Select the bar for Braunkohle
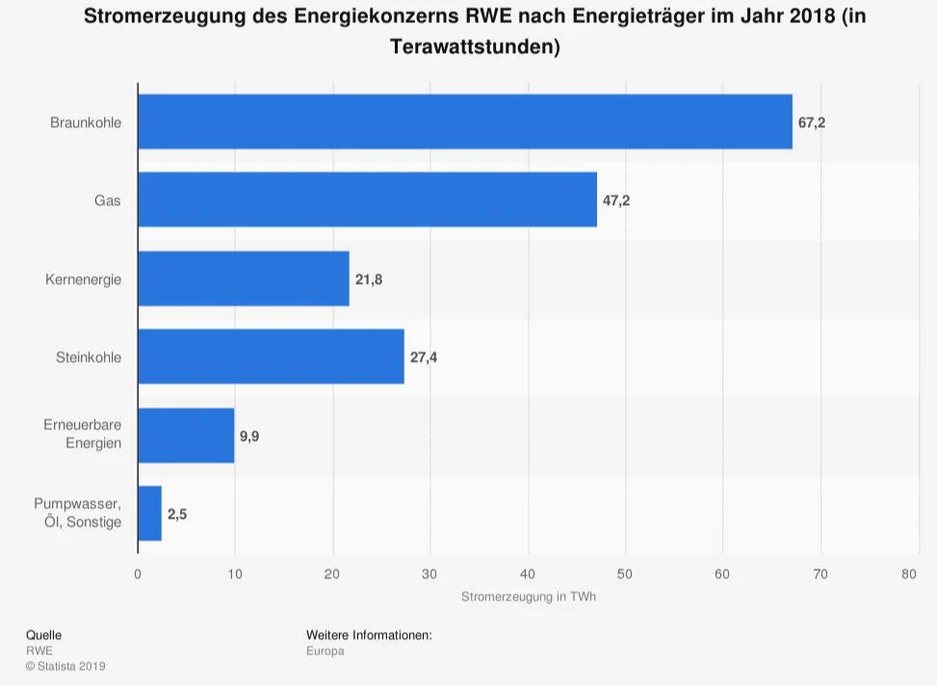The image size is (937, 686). (464, 122)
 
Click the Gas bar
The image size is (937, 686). (367, 200)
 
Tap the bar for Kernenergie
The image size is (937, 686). (244, 279)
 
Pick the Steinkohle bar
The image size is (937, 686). (271, 357)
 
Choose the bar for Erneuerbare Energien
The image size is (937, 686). (186, 435)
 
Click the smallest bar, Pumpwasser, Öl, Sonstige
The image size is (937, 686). (149, 514)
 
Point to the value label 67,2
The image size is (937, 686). (812, 122)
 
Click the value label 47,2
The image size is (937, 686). (616, 200)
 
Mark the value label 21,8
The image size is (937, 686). (369, 279)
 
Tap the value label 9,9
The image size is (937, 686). (249, 436)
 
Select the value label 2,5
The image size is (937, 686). (177, 514)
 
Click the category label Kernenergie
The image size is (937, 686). (84, 279)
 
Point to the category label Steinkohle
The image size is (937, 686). (89, 357)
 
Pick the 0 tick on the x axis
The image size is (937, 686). (138, 574)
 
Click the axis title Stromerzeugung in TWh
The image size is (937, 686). (528, 597)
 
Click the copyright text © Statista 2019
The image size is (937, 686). (65, 666)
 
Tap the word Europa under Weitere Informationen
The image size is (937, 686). (325, 650)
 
